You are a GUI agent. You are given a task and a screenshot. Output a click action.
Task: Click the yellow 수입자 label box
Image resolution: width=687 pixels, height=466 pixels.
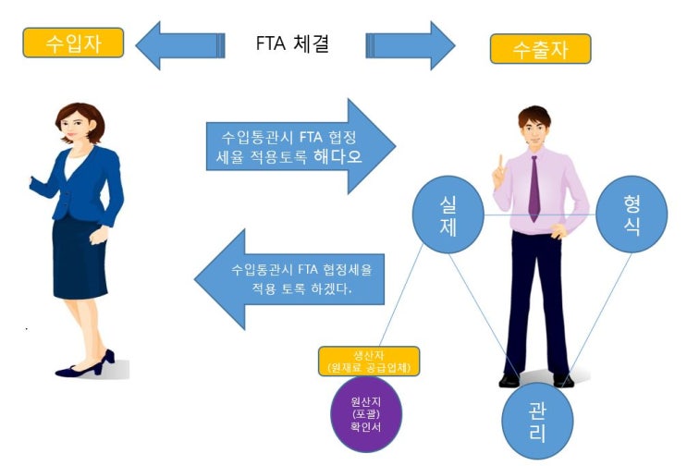point(73,42)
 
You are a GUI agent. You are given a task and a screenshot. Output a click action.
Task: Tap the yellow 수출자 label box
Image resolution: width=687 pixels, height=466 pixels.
point(540,48)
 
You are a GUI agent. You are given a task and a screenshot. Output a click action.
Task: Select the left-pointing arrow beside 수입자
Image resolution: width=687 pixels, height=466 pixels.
point(180,43)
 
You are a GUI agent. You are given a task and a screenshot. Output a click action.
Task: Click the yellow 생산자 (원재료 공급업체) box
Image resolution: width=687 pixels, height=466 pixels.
point(368,362)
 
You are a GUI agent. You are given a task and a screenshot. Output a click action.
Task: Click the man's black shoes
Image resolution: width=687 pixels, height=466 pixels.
point(535,379)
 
